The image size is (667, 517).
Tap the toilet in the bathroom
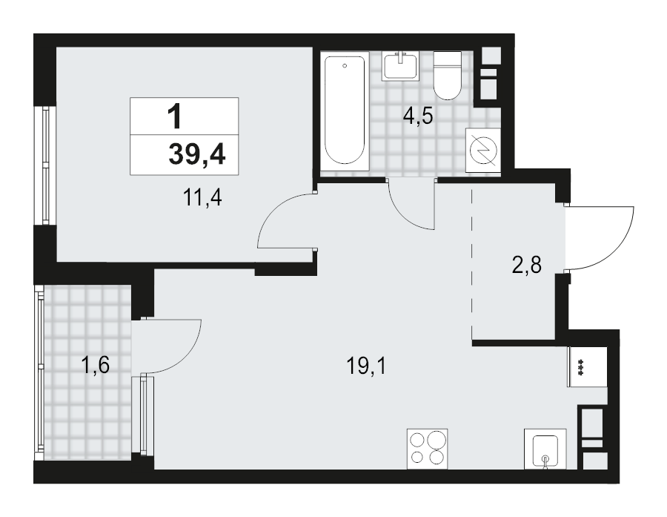point(447,76)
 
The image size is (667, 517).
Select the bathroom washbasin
point(400,66)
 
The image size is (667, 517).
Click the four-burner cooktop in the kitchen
point(427,449)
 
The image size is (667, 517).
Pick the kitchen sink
point(545,450)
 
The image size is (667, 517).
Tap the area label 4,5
point(417,116)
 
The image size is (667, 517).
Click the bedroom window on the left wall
point(47,167)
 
